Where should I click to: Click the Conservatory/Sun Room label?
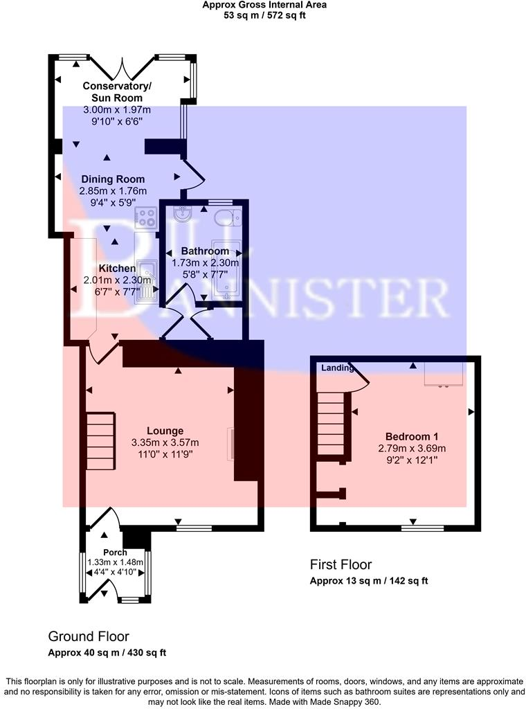(x=117, y=92)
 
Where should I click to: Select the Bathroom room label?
(x=205, y=251)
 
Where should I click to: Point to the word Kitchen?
(x=116, y=268)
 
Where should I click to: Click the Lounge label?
(x=165, y=431)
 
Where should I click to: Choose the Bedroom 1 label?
(x=412, y=436)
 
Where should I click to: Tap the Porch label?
(x=116, y=553)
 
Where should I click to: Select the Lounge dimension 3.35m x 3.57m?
(x=165, y=442)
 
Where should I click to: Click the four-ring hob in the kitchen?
(x=147, y=218)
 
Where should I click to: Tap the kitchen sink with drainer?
(x=148, y=280)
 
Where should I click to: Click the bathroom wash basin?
(x=182, y=213)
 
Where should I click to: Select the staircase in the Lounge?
(x=100, y=440)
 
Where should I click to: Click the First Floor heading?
(x=341, y=564)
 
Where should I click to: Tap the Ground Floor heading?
(x=88, y=636)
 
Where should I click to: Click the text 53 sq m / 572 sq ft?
(x=264, y=15)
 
